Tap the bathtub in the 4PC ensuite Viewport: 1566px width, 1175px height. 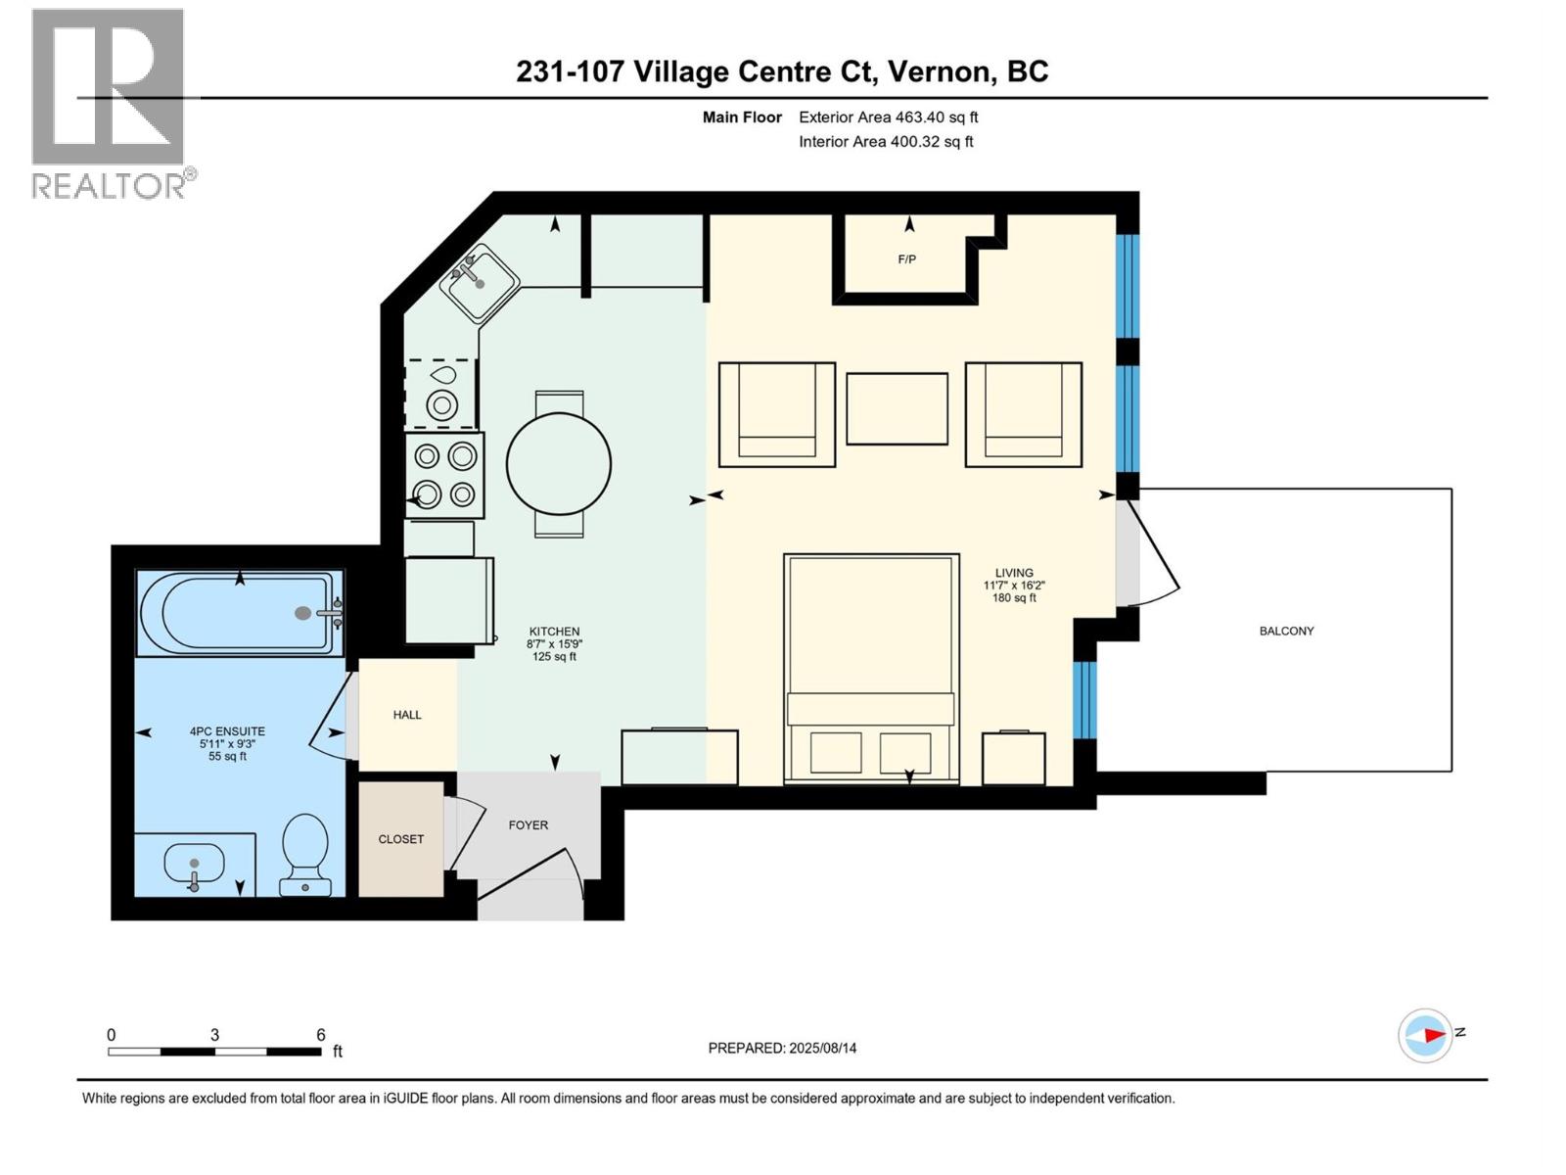[x=240, y=613]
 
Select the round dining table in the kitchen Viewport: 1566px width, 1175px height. [x=559, y=464]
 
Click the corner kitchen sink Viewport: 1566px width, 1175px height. [x=479, y=283]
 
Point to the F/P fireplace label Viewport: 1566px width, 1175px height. [x=906, y=259]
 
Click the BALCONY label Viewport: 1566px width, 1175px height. [x=1286, y=631]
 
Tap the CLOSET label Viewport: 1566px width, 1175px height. [x=401, y=839]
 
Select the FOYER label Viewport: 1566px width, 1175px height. [x=529, y=824]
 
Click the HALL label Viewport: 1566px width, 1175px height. [x=407, y=715]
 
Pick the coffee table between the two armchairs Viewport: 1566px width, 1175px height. [x=897, y=408]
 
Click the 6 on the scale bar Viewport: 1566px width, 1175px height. [x=320, y=1035]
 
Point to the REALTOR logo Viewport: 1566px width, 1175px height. [x=110, y=103]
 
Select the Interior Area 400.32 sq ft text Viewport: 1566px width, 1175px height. [x=886, y=141]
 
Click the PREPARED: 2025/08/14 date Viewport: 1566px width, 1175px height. [x=782, y=1048]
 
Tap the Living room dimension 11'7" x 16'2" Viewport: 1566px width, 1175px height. [x=1014, y=586]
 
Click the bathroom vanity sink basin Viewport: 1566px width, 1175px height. [x=194, y=865]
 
